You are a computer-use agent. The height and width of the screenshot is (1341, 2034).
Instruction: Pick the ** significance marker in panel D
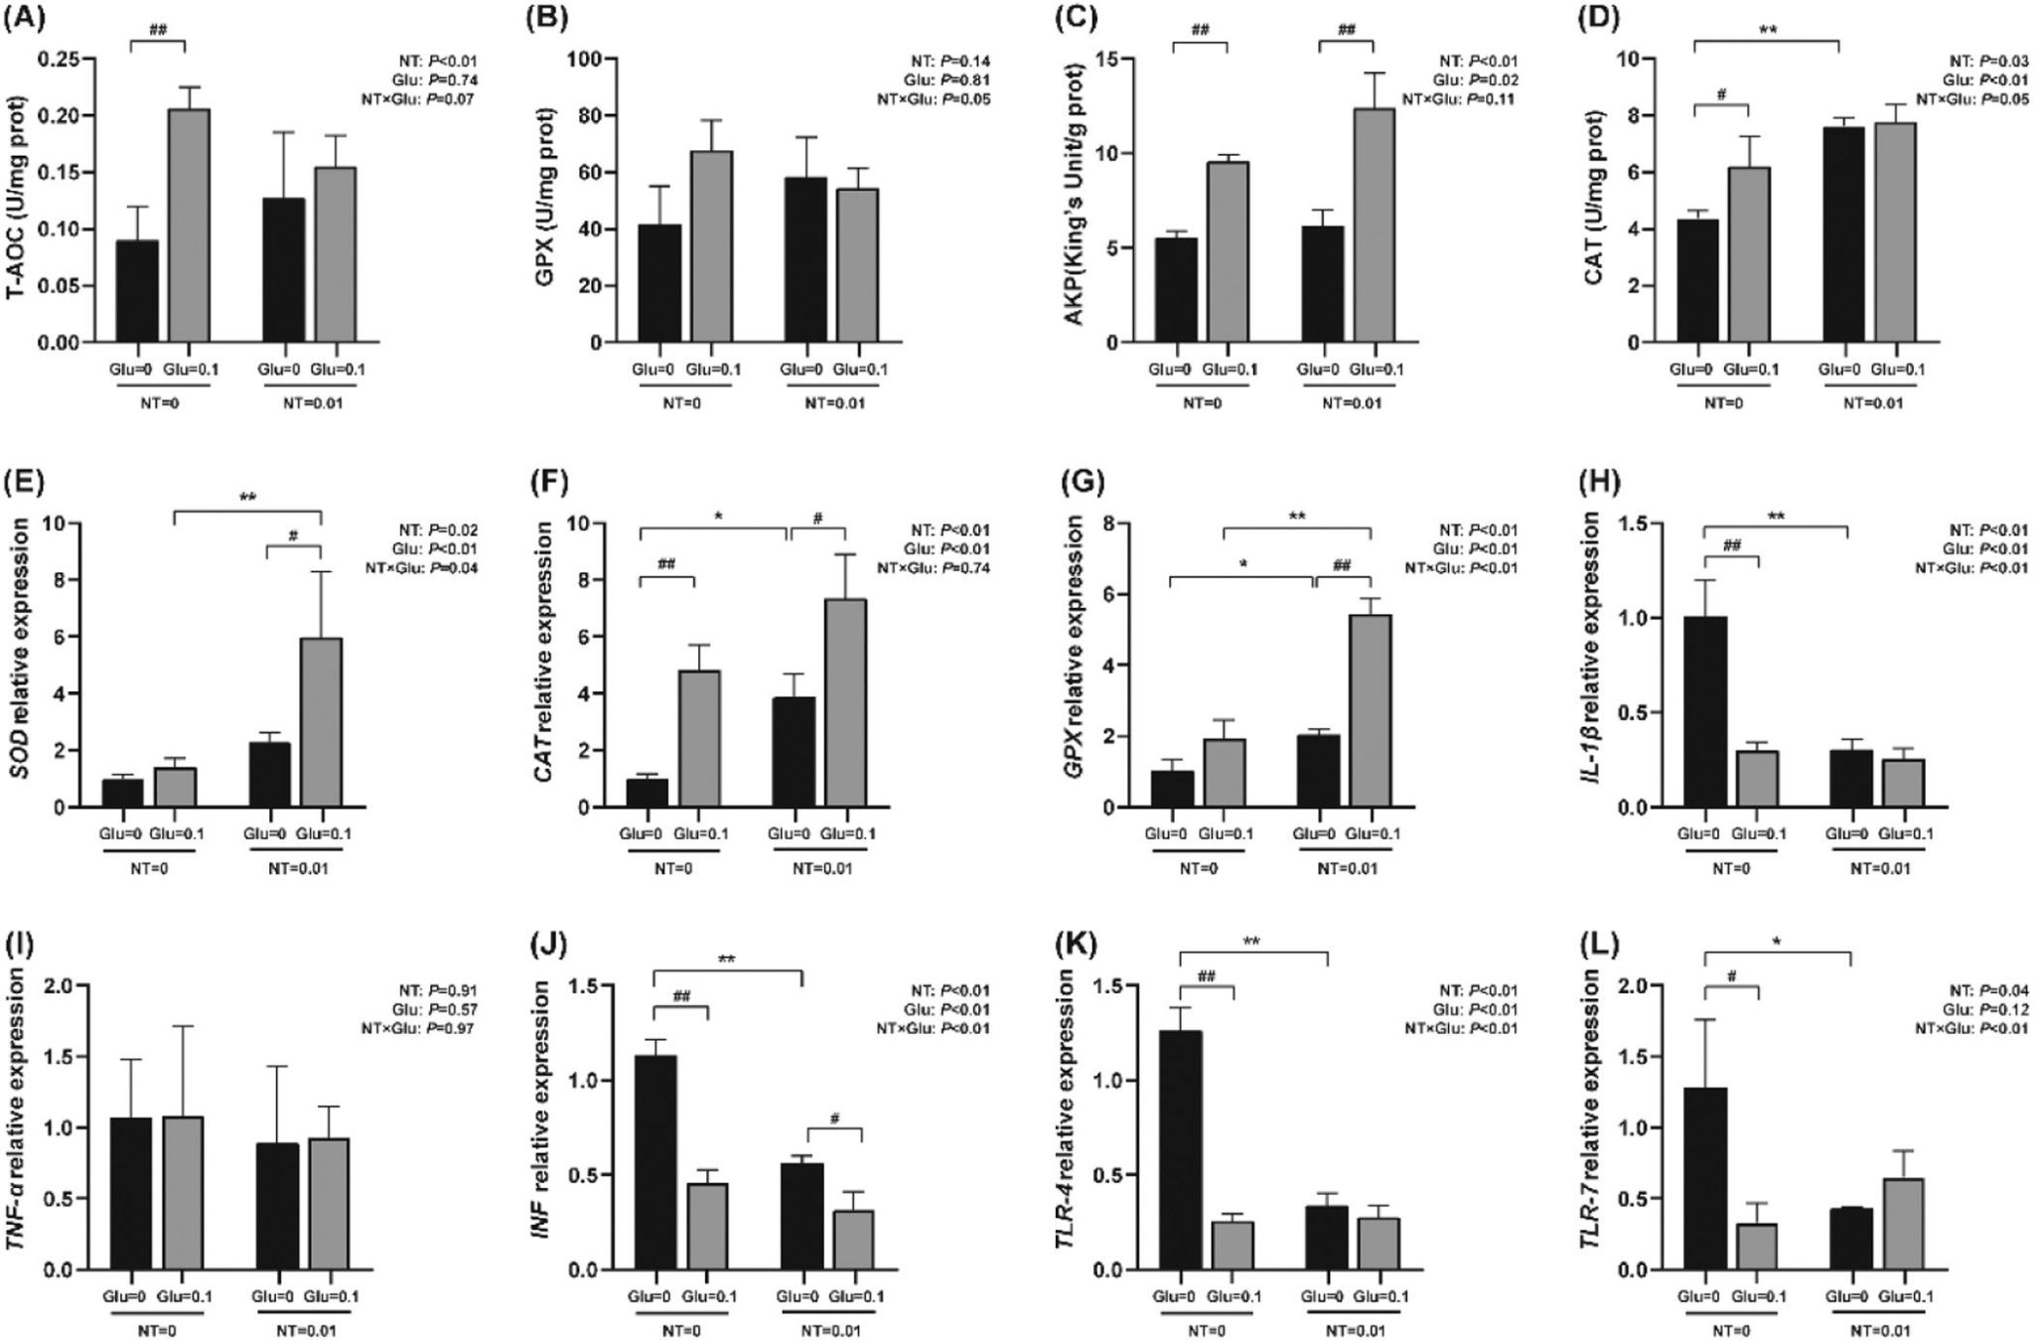click(1767, 31)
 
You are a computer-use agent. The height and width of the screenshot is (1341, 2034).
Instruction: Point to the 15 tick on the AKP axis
click(1104, 59)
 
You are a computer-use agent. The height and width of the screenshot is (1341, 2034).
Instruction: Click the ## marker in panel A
click(158, 31)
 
